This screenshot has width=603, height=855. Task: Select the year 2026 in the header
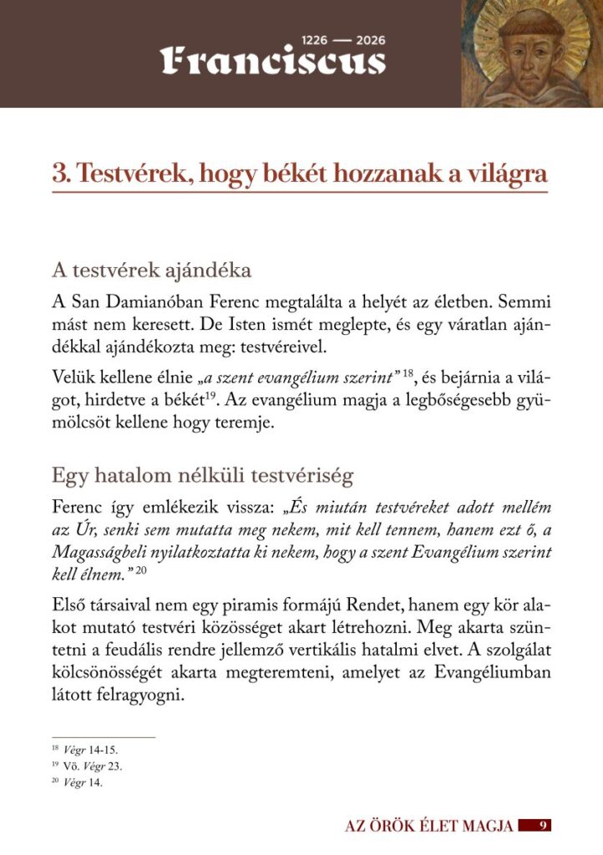pos(370,40)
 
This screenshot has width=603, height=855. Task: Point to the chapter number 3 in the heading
pos(58,175)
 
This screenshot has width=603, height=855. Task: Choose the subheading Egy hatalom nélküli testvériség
pos(202,476)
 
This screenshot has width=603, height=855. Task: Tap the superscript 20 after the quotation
pos(140,569)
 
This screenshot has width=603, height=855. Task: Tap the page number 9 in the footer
pos(542,826)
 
